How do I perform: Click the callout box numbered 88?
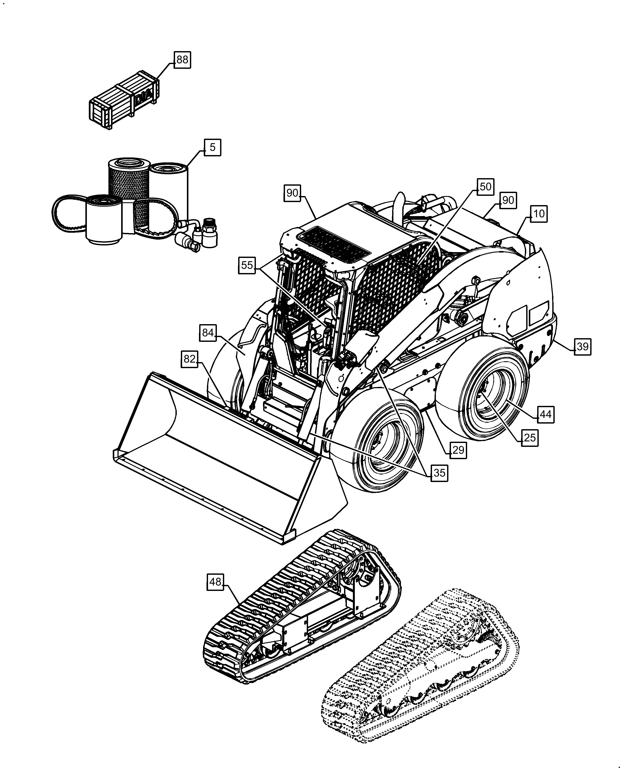tap(182, 60)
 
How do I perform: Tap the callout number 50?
tap(485, 187)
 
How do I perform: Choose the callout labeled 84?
tap(208, 333)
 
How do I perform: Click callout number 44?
tap(545, 415)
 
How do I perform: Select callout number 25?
tap(530, 438)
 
